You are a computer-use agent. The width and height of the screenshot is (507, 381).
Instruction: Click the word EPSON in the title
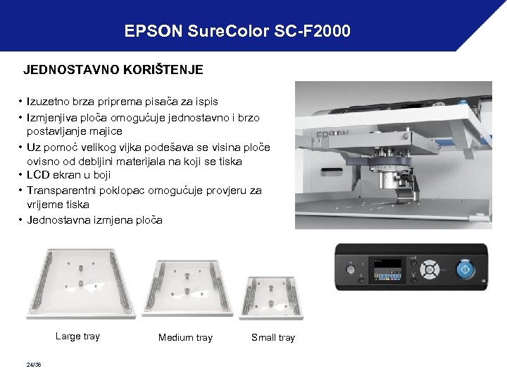coord(151,31)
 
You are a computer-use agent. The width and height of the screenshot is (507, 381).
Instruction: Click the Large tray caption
coord(77,336)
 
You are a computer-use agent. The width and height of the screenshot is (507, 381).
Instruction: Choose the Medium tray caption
coord(185,337)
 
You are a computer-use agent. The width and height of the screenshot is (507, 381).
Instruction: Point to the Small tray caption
coord(273,337)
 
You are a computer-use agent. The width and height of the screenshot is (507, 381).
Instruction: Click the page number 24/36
coord(32,364)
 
